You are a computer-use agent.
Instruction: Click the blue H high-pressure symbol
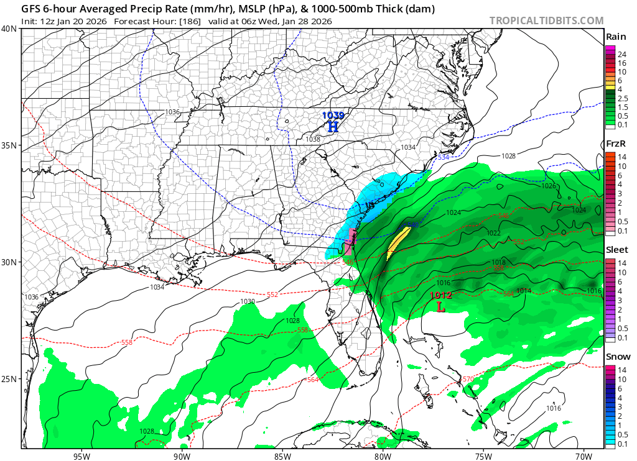pyautogui.click(x=333, y=127)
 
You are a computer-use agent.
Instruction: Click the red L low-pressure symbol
pyautogui.click(x=441, y=307)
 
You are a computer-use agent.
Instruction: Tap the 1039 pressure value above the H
pyautogui.click(x=333, y=115)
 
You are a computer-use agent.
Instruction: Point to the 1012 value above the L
pyautogui.click(x=440, y=296)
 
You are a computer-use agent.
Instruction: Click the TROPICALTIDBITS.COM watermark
pyautogui.click(x=546, y=21)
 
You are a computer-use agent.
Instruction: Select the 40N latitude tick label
pyautogui.click(x=9, y=29)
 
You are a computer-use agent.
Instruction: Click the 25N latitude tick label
pyautogui.click(x=9, y=379)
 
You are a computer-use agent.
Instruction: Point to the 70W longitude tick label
pyautogui.click(x=583, y=455)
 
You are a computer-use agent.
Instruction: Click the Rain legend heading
pyautogui.click(x=616, y=37)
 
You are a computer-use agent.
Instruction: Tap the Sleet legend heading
pyautogui.click(x=616, y=250)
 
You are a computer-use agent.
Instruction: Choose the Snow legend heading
pyautogui.click(x=616, y=357)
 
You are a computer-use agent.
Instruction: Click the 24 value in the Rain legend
pyautogui.click(x=621, y=55)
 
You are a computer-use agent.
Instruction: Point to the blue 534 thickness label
pyautogui.click(x=444, y=158)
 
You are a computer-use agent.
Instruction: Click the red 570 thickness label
pyautogui.click(x=468, y=379)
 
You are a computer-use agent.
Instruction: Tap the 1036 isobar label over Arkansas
pyautogui.click(x=172, y=112)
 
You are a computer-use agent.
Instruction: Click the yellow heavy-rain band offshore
pyautogui.click(x=398, y=242)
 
